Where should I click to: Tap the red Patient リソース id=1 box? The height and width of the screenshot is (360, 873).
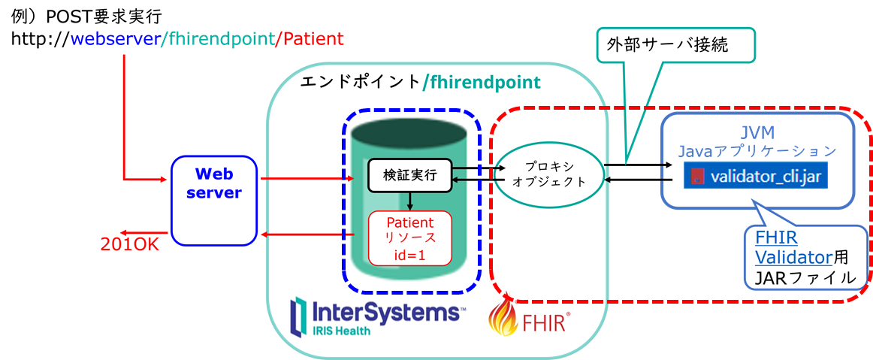point(410,237)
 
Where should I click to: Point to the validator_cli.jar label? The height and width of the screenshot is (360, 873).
point(765,177)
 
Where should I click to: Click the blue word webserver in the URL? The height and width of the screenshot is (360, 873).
point(114,39)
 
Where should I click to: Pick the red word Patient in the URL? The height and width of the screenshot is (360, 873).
point(310,39)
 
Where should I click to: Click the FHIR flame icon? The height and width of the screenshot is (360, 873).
point(503,318)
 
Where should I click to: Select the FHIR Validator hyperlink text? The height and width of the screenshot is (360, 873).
point(793,248)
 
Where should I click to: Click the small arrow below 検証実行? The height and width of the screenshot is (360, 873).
point(409,200)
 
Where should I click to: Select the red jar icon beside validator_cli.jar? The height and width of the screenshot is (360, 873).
point(698,177)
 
